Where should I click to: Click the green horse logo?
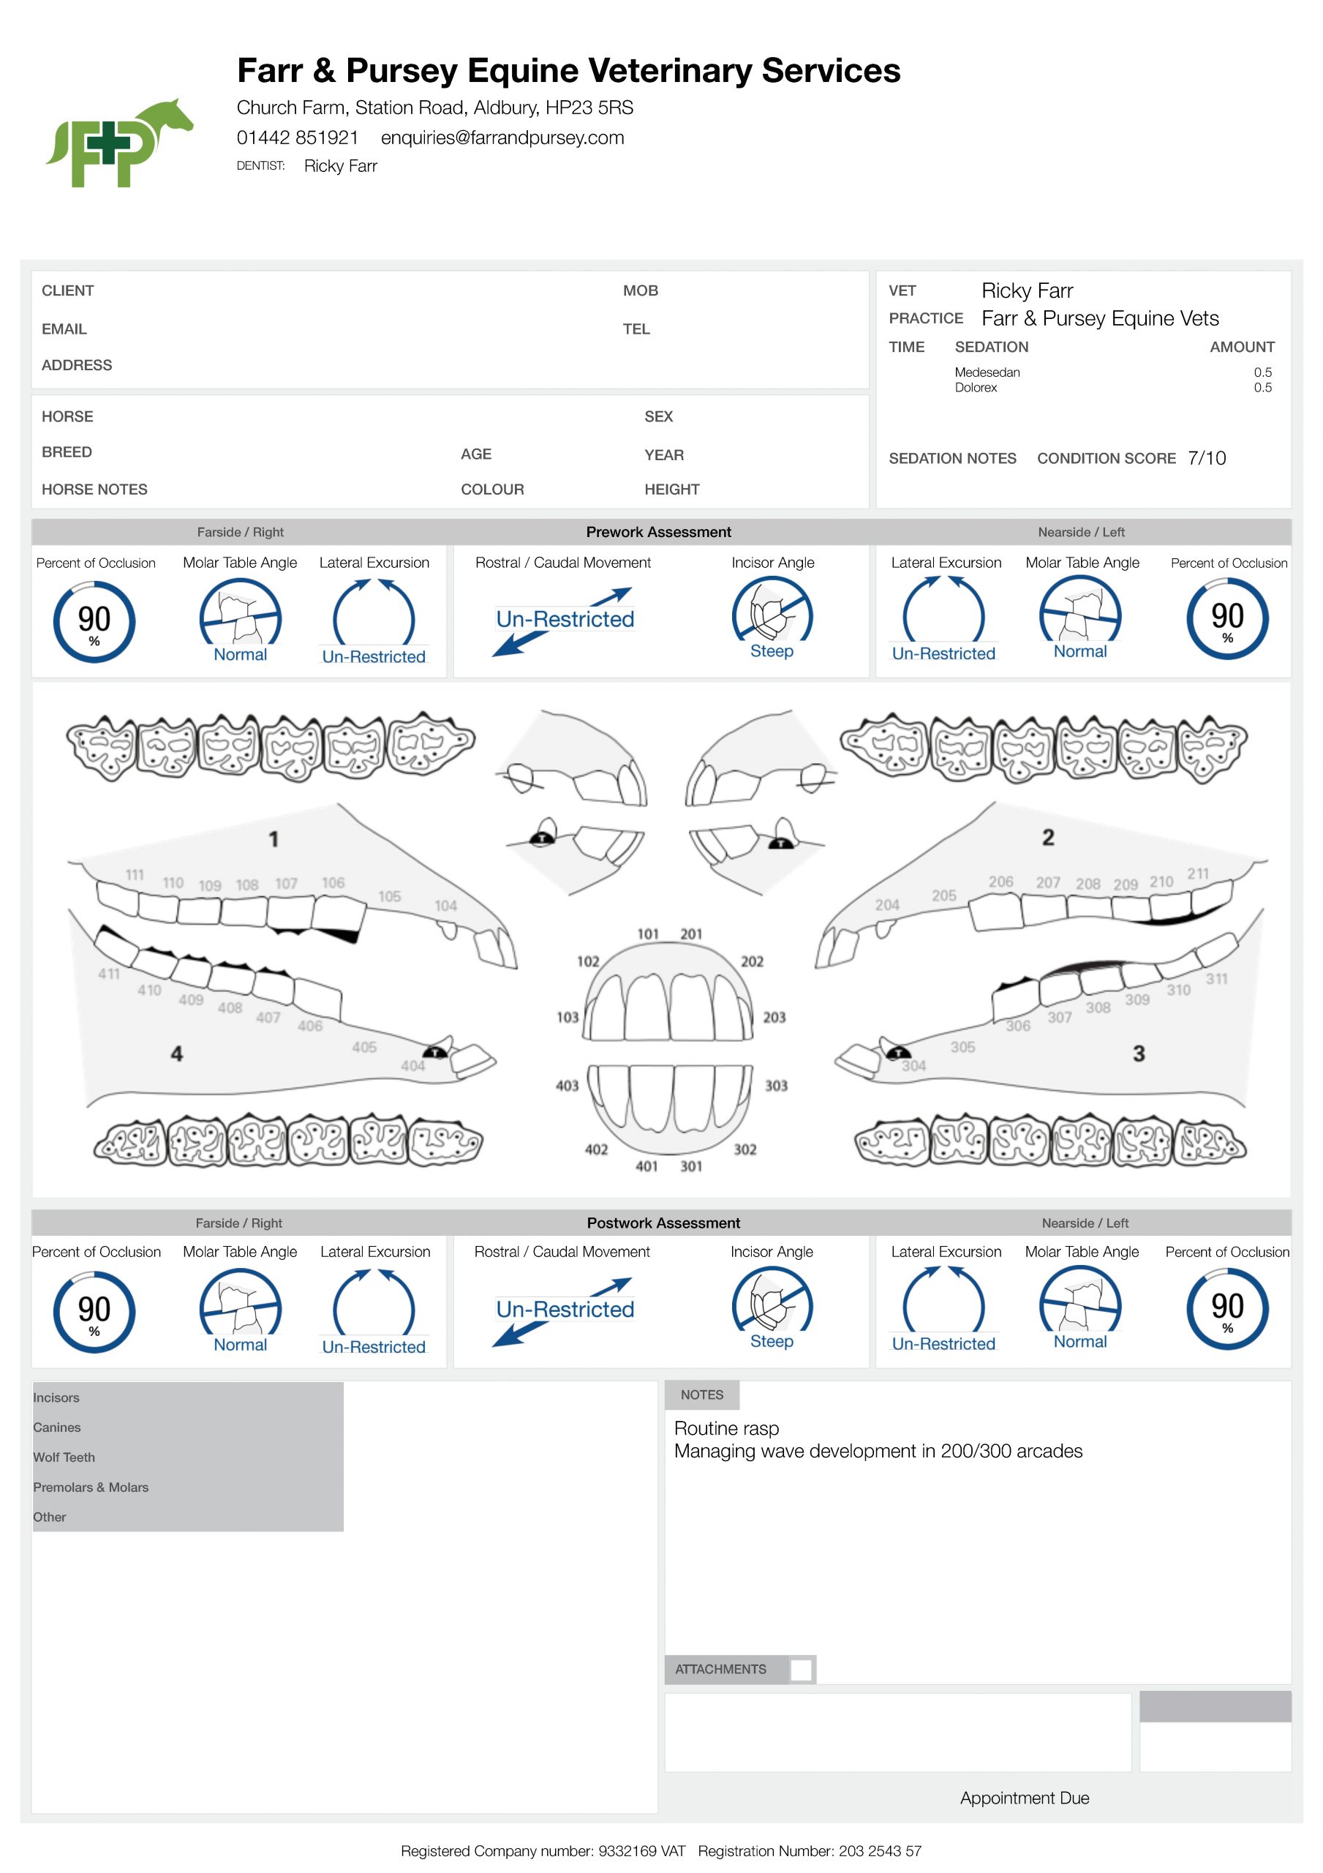119,143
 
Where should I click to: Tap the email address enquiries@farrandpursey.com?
502,138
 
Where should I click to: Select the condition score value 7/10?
1207,459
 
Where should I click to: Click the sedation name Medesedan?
987,372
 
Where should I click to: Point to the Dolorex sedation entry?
976,388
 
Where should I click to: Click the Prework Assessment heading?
658,532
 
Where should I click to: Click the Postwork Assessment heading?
663,1223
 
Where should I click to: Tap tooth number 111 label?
135,874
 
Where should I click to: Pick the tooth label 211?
1197,874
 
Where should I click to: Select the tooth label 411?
108,973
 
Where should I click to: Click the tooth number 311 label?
1216,978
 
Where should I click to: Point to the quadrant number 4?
176,1053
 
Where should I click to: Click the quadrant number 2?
1048,837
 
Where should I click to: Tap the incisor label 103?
567,1017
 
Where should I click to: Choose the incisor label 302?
745,1149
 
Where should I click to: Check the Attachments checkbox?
801,1669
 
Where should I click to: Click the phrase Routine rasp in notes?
726,1428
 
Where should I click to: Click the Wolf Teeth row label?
64,1457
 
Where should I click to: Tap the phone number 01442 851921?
297,138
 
